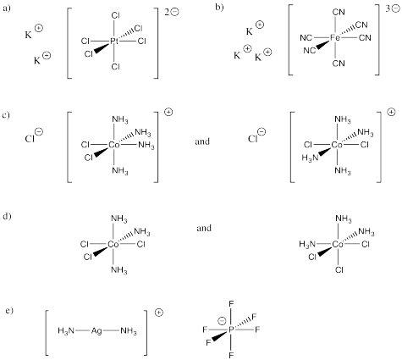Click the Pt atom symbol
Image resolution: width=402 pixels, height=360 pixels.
click(114, 42)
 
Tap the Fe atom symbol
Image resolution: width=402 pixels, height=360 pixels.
click(335, 37)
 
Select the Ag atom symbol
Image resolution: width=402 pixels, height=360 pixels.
click(96, 330)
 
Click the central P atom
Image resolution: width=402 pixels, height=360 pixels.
click(231, 330)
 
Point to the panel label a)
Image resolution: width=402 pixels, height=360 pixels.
click(6, 8)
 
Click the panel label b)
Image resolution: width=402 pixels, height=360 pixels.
click(219, 7)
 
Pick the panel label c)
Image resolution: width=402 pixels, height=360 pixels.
click(6, 115)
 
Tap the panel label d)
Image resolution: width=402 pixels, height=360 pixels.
click(7, 217)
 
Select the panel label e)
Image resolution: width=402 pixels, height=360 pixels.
click(9, 311)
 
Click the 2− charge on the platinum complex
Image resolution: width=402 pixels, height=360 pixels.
click(172, 12)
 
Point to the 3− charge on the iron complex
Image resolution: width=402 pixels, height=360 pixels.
click(393, 8)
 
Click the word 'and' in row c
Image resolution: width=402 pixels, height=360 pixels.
click(202, 141)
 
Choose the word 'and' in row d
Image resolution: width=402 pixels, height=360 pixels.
click(204, 228)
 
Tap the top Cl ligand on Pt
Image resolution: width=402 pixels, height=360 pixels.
click(116, 15)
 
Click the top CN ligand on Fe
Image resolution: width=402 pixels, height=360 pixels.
click(339, 12)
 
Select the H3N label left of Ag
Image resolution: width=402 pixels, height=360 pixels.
click(66, 330)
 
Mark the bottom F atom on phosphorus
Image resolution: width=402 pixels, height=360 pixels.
click(231, 355)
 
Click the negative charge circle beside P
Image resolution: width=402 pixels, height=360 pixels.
click(222, 321)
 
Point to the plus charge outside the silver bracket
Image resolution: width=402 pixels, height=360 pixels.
click(159, 313)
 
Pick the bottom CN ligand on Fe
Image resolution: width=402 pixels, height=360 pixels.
click(339, 64)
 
